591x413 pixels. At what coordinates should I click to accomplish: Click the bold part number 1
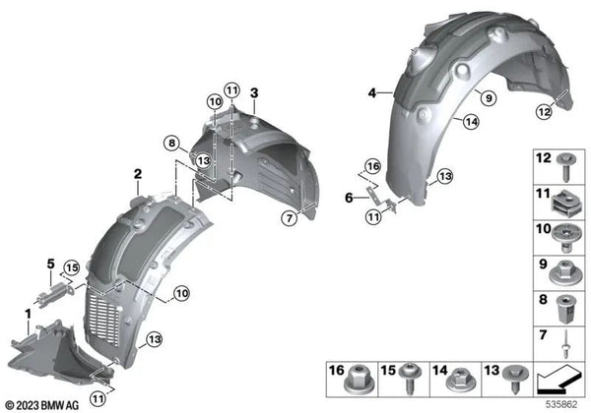28,313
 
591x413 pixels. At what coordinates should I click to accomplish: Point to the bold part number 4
373,93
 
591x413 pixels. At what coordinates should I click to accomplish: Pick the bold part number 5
49,263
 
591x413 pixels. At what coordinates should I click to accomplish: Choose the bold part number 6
348,197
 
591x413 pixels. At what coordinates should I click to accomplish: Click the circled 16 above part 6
372,165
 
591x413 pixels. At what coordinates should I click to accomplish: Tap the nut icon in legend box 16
359,374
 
